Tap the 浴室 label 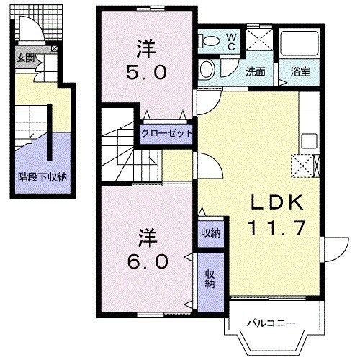(x=301, y=72)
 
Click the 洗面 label (x=256, y=72)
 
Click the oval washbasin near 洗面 (x=207, y=70)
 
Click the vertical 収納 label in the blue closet (x=210, y=278)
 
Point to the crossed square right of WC (x=256, y=42)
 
